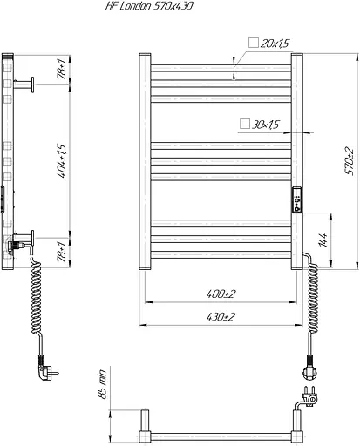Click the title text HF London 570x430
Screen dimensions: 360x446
[x=149, y=6]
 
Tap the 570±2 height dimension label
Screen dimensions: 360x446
[x=350, y=161]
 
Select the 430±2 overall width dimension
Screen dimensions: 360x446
[x=221, y=317]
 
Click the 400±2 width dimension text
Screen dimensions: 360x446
[x=221, y=294]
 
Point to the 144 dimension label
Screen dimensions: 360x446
[x=323, y=240]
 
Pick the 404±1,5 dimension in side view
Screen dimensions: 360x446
[x=62, y=161]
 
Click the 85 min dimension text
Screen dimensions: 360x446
[x=103, y=384]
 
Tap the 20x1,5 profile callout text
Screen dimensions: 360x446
[x=275, y=44]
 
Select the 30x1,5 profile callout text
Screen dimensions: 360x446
[x=265, y=125]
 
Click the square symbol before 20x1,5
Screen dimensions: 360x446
[x=254, y=43]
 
